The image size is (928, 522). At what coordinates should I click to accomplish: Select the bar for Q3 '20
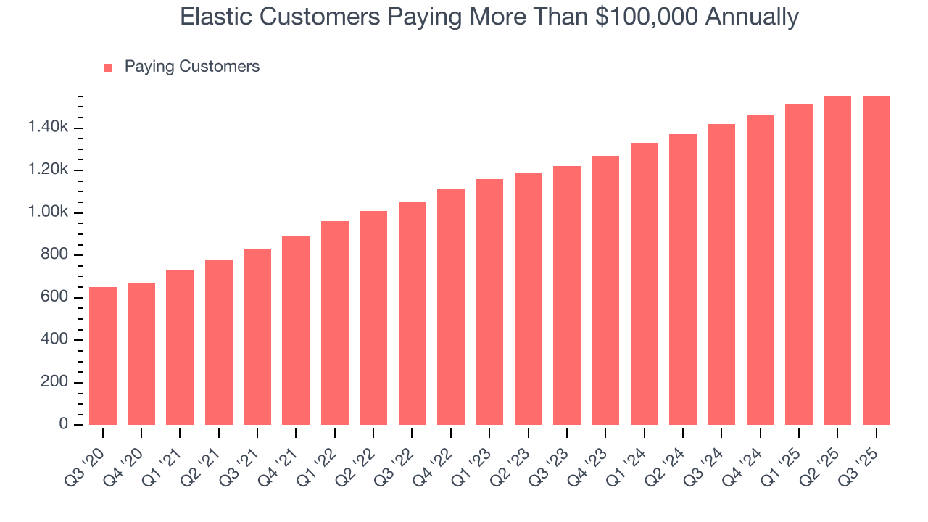[103, 356]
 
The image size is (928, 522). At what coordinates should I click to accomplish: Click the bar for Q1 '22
[335, 323]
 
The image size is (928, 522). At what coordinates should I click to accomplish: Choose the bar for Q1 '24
[645, 283]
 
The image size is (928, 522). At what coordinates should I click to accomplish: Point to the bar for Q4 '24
[761, 270]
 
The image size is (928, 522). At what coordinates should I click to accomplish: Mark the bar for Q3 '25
[877, 260]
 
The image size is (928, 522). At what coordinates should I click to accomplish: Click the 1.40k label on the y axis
[48, 128]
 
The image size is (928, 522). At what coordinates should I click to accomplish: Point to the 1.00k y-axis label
[48, 212]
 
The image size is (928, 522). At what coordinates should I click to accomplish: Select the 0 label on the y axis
[64, 424]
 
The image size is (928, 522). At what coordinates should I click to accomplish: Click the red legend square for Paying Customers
[108, 68]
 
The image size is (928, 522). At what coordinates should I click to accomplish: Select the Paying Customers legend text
[191, 67]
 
